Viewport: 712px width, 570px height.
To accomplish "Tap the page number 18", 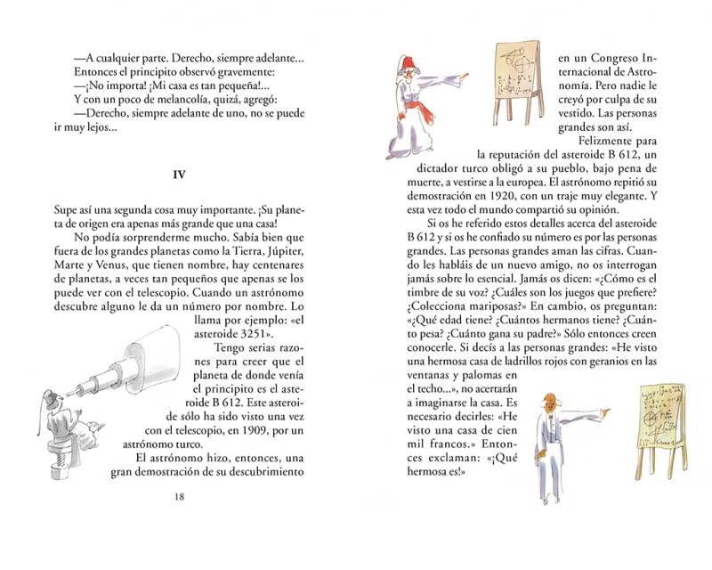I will pos(180,496).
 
